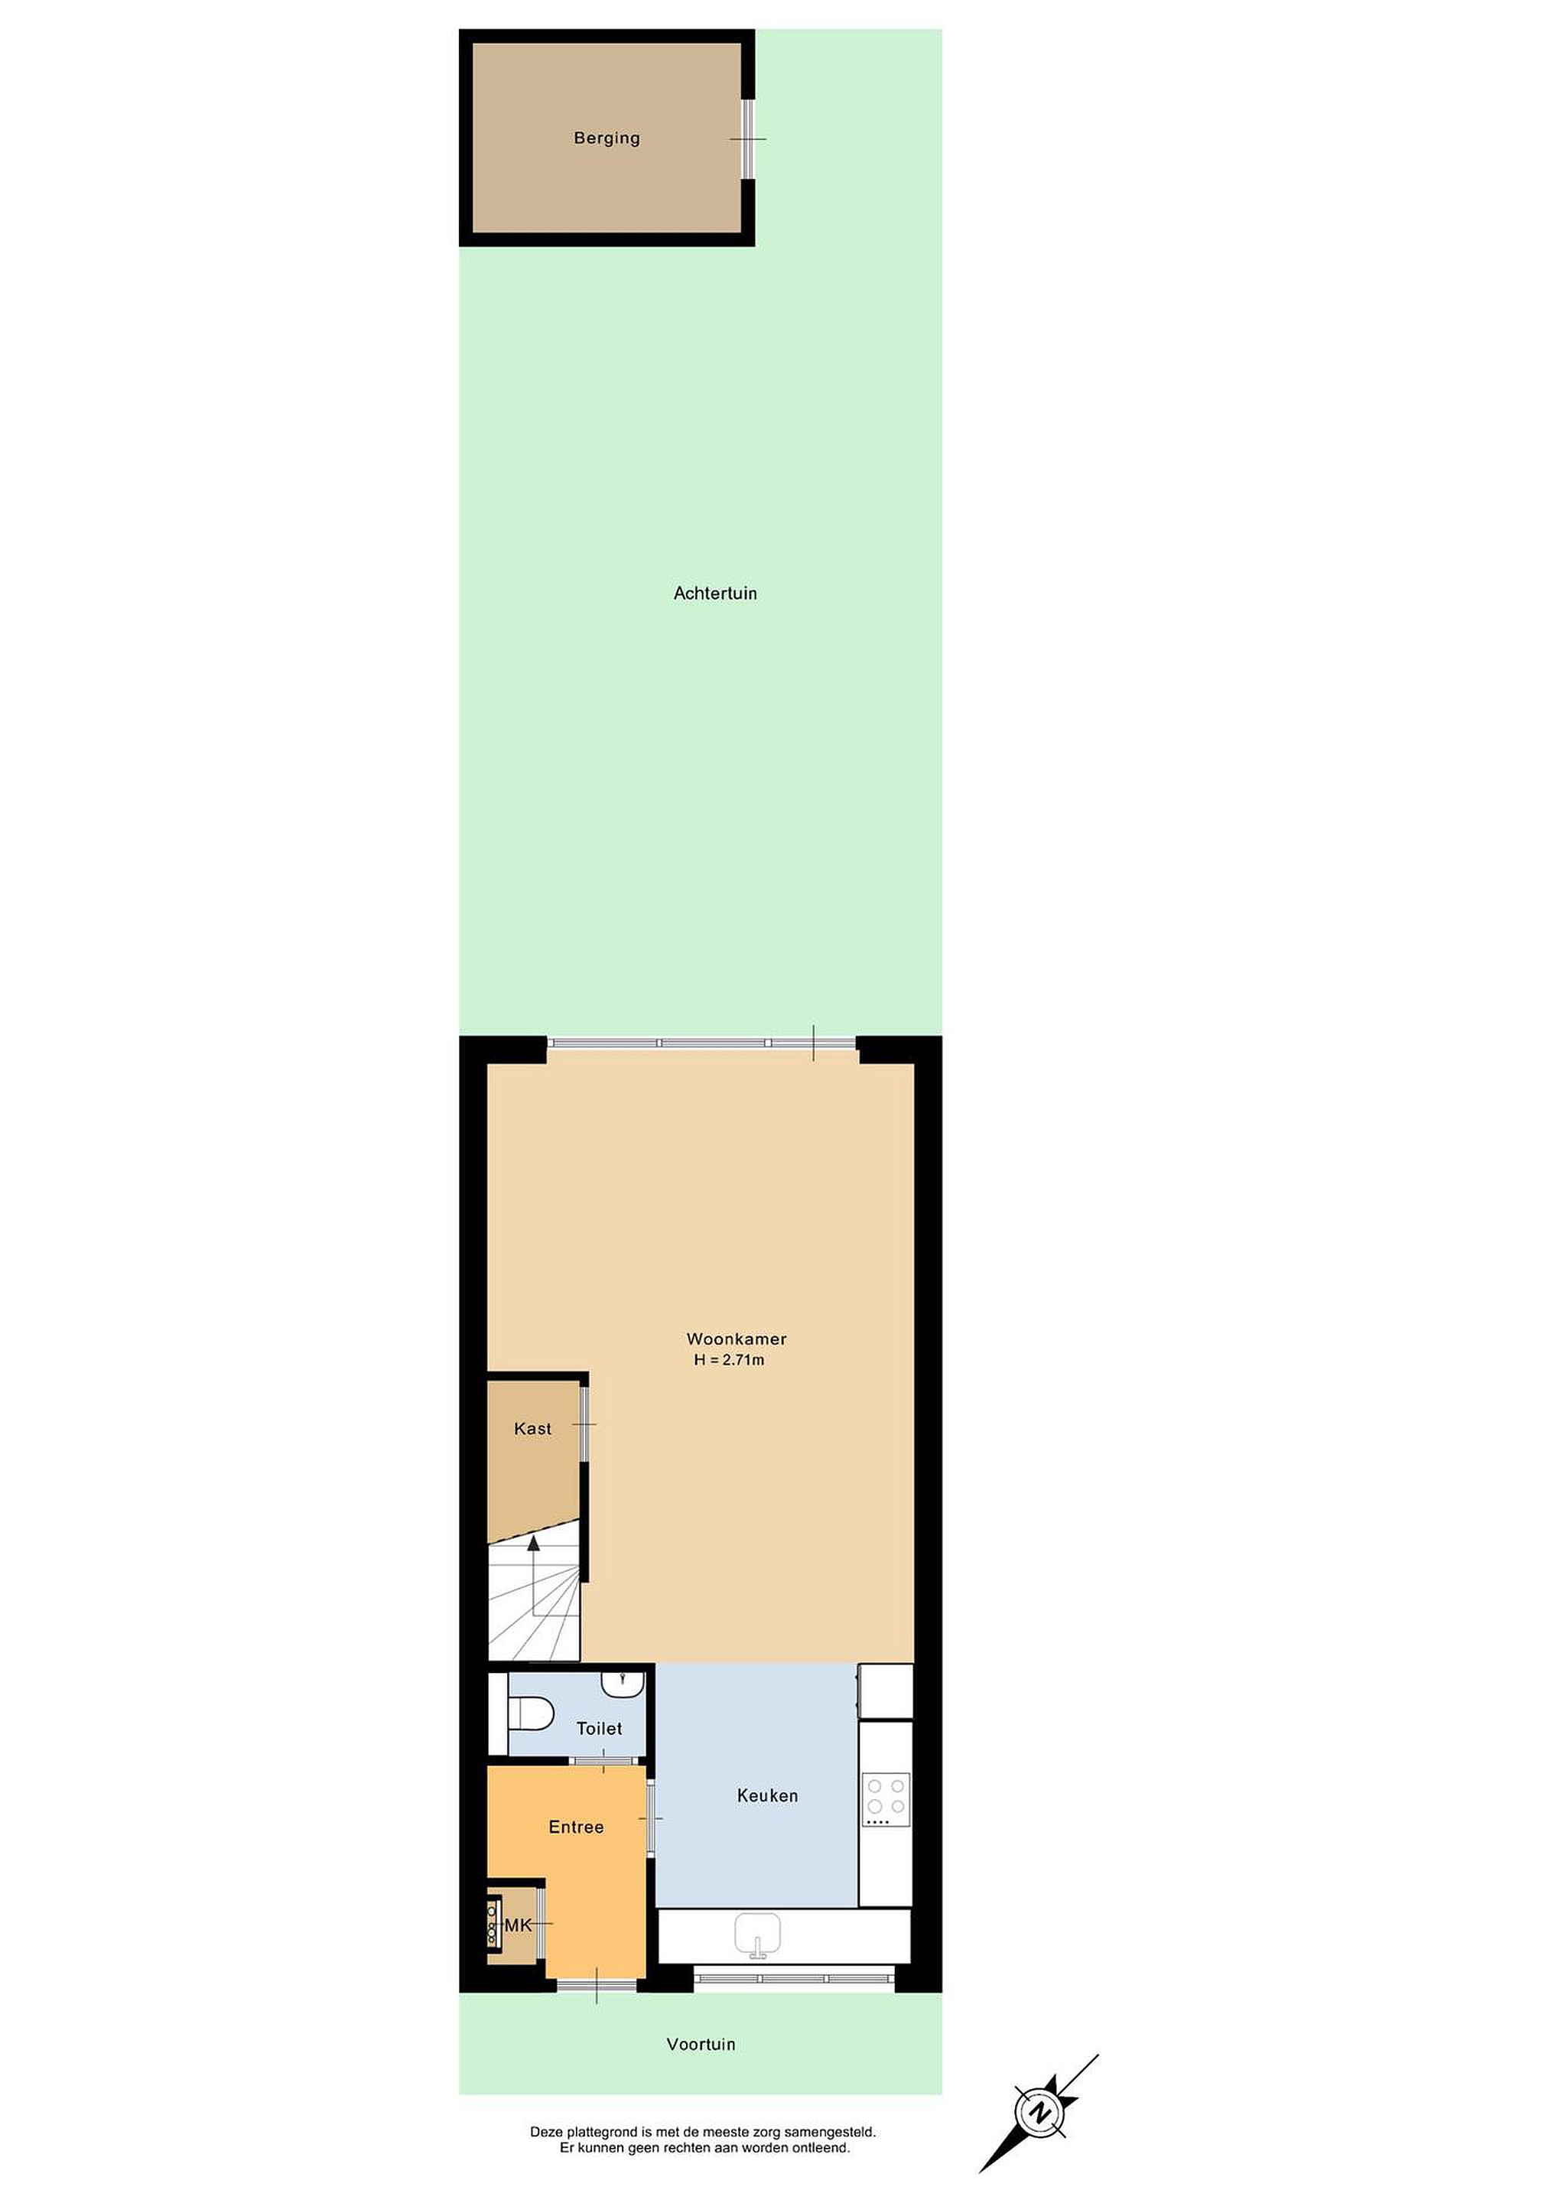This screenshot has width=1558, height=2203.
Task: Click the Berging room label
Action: click(x=607, y=138)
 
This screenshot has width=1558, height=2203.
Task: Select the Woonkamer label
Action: click(x=736, y=1339)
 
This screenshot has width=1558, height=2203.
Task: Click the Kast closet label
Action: click(x=532, y=1429)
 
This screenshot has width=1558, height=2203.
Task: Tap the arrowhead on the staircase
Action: click(x=533, y=1543)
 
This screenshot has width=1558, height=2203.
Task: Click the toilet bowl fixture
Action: click(x=531, y=1713)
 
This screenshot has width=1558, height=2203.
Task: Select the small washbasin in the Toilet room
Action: click(x=623, y=1681)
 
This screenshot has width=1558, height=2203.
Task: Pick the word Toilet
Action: click(x=599, y=1728)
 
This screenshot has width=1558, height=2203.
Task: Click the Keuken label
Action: click(x=767, y=1795)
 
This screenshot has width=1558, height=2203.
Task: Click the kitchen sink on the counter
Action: click(x=758, y=1935)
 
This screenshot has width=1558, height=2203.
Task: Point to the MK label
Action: click(x=518, y=1925)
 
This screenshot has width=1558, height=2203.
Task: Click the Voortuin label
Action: click(x=701, y=2044)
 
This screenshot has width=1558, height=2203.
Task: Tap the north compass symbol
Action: click(x=1039, y=2112)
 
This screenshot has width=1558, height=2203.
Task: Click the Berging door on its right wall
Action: click(x=747, y=139)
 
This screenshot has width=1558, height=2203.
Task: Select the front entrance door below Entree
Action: click(x=597, y=1984)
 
